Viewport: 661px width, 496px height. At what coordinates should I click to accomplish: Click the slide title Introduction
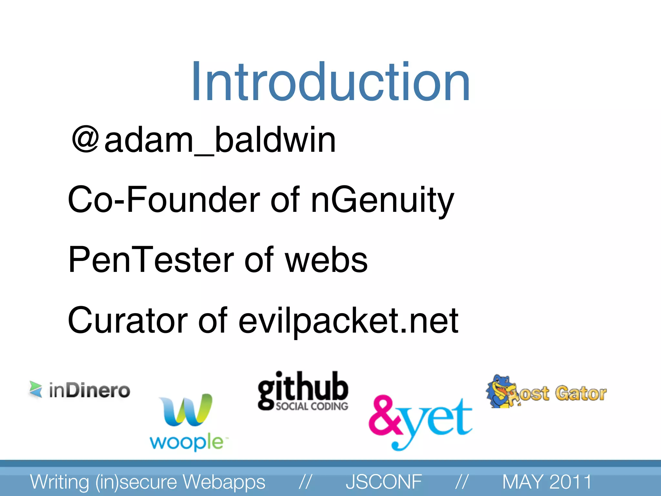click(x=330, y=82)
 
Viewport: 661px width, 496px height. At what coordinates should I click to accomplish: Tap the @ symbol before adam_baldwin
click(x=85, y=139)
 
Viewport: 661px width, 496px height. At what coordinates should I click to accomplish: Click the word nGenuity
click(x=382, y=200)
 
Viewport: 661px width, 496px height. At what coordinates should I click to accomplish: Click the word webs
click(x=326, y=260)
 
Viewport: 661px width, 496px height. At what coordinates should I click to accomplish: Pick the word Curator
click(x=127, y=320)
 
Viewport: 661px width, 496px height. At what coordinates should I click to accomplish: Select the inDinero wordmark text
click(x=89, y=390)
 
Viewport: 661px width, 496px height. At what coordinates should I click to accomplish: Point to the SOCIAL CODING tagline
click(x=312, y=406)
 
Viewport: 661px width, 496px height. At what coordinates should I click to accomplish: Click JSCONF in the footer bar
click(x=383, y=481)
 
